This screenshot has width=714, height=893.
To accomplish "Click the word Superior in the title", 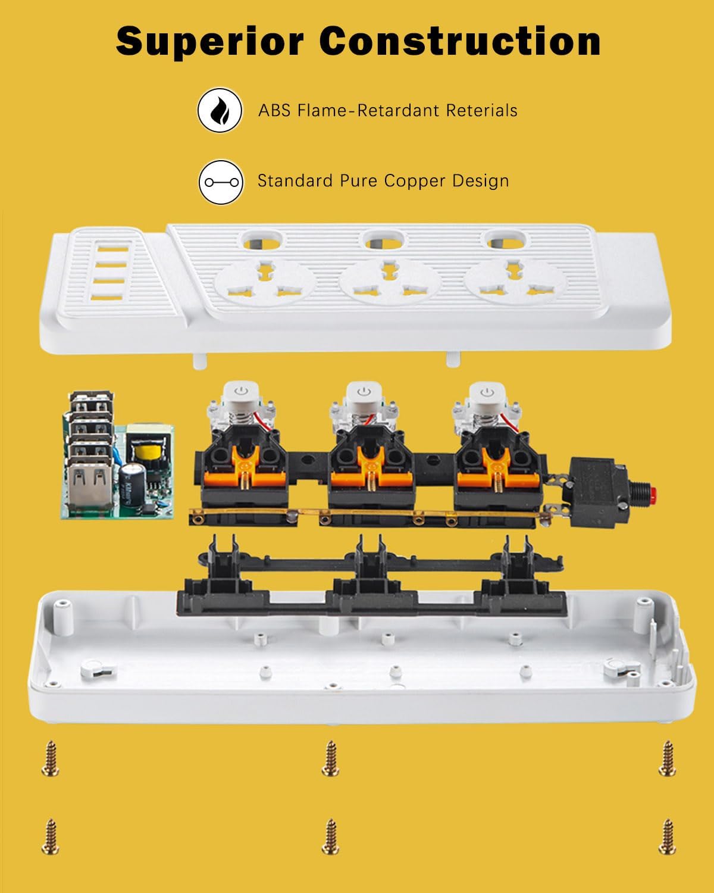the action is pos(210,42).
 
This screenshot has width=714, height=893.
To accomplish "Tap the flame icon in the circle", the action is pos(220,110).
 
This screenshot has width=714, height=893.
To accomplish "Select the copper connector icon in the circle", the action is pos(221,182).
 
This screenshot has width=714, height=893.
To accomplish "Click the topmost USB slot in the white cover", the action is pos(113,249).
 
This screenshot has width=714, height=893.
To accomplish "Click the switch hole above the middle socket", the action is pos(384,241).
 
